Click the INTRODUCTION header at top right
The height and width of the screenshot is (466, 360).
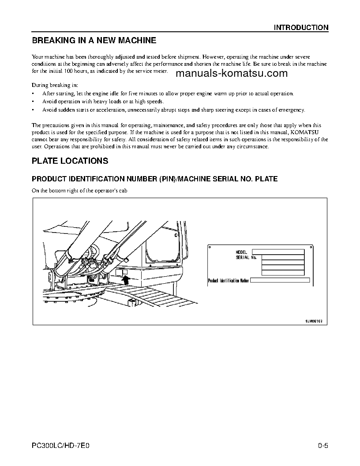pyautogui.click(x=301, y=27)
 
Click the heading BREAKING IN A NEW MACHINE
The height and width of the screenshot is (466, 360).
pyautogui.click(x=94, y=41)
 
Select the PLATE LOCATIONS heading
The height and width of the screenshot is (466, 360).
pyautogui.click(x=70, y=161)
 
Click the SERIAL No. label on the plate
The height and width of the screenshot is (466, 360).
pyautogui.click(x=246, y=257)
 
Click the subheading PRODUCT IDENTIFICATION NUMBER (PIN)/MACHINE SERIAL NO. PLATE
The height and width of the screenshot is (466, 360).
pyautogui.click(x=154, y=179)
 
